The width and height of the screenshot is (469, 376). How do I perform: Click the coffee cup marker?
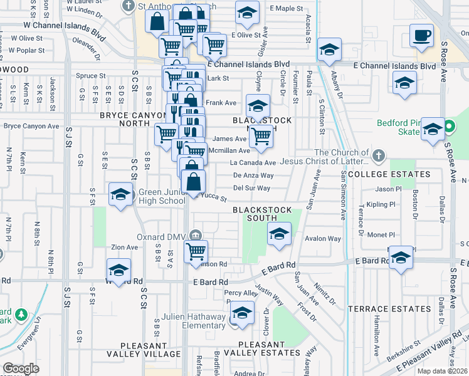(421, 35)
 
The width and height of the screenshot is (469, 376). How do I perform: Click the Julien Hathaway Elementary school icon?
(241, 313)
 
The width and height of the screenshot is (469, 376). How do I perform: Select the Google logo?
(21, 368)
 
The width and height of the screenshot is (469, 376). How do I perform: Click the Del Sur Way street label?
(251, 187)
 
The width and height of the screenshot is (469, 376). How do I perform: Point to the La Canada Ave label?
(253, 163)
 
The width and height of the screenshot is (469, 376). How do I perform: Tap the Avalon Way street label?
(323, 239)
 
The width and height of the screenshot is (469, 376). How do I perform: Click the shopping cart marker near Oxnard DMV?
(196, 251)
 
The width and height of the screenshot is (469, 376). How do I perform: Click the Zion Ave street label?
(124, 248)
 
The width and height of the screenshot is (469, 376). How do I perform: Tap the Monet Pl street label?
(380, 234)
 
